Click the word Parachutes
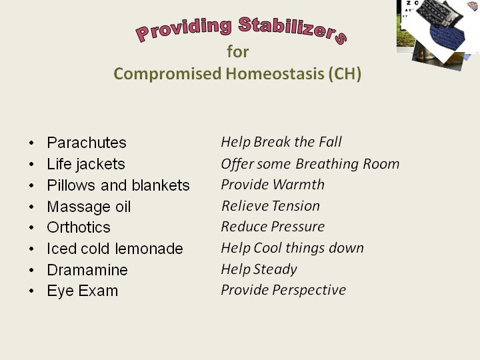pos(87,143)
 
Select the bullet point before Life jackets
pos(31,165)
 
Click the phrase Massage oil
pos(89,207)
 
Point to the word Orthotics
pos(79,227)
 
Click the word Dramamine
pos(87,270)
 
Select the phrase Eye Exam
pos(83,291)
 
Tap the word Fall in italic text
pos(330,142)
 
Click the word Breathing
pos(327,164)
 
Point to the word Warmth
pos(298,185)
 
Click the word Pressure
pos(297,227)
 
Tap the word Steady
pos(275,270)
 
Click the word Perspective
pos(309,290)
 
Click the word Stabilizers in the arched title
pos(293,29)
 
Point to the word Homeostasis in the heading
pos(275,74)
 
